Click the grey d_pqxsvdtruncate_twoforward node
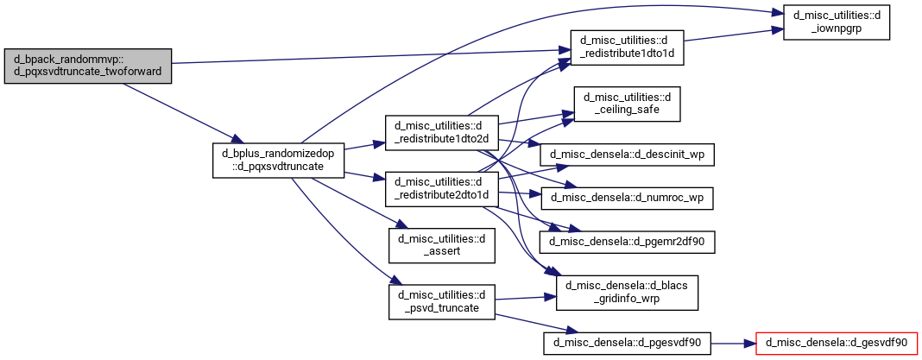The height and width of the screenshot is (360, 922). (87, 66)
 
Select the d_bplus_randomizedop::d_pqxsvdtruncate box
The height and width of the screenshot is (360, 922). (277, 160)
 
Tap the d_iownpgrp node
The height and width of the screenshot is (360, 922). (837, 22)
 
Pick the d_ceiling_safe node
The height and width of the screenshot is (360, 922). (627, 104)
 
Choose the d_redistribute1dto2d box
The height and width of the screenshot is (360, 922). (442, 133)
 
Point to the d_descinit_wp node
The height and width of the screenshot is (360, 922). (627, 155)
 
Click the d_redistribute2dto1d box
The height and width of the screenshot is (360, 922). (442, 189)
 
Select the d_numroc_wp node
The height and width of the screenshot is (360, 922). (627, 199)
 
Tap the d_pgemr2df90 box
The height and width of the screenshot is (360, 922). (627, 242)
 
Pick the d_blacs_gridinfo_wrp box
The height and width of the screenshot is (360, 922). (627, 293)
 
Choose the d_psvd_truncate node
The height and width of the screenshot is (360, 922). (442, 302)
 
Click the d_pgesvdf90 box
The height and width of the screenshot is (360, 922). (627, 343)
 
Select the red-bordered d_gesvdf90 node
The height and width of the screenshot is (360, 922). (837, 343)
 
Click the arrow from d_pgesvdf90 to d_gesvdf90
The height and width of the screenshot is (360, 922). (733, 343)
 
